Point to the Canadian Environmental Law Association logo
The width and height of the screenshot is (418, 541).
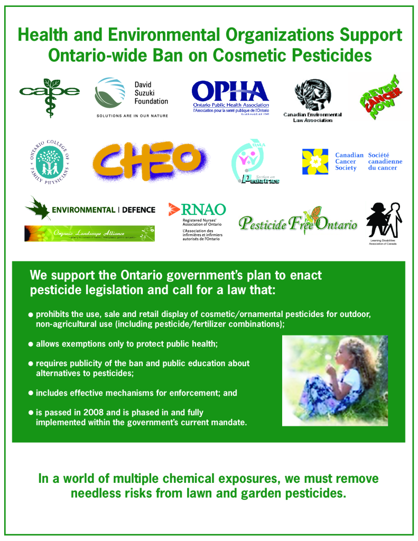[312, 100]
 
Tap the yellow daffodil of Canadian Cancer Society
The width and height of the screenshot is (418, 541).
[315, 161]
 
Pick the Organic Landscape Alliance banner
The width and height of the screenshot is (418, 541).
[89, 233]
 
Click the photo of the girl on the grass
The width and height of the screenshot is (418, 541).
[335, 380]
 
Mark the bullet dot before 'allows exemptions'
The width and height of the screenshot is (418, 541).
[31, 344]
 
